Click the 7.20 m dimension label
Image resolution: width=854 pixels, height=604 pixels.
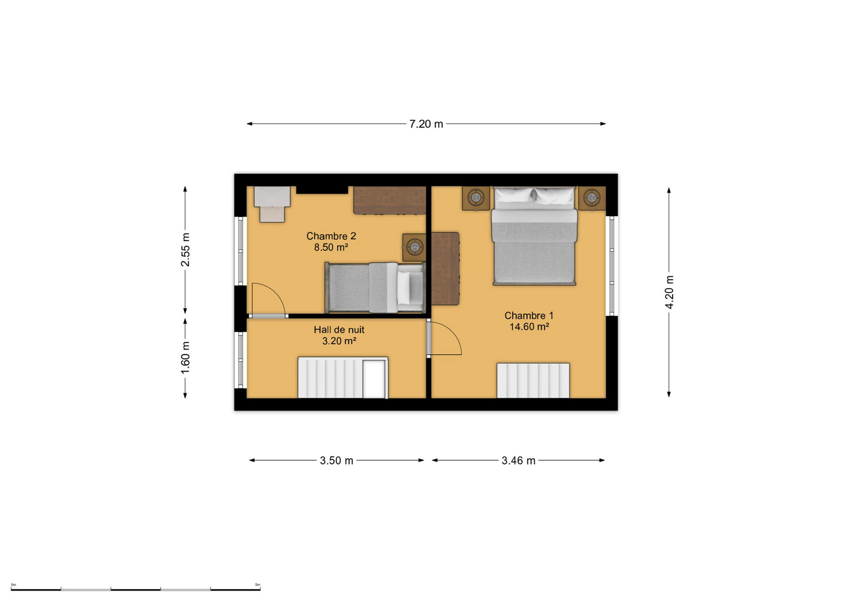click(426, 124)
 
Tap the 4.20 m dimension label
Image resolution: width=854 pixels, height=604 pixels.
click(669, 292)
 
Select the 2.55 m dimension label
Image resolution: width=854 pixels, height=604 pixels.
click(185, 250)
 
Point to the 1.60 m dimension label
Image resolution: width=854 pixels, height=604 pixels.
click(185, 357)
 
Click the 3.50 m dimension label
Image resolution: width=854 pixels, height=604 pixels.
click(337, 461)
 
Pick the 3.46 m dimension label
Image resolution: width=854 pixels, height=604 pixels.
click(518, 461)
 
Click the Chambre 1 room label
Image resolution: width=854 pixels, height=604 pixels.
click(529, 315)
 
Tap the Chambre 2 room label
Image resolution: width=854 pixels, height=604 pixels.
click(331, 236)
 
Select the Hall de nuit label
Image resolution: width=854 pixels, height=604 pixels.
click(339, 330)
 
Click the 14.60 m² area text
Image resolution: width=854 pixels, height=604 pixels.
click(529, 327)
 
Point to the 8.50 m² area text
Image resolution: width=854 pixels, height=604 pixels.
click(331, 247)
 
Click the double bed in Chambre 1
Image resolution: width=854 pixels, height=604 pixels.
click(534, 236)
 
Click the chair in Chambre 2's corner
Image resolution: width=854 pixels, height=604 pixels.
click(272, 204)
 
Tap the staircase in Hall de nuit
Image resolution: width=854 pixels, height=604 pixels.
click(343, 377)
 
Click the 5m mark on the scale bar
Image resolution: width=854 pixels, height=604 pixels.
click(258, 585)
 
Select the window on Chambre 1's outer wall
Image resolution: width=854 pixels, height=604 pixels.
click(611, 266)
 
